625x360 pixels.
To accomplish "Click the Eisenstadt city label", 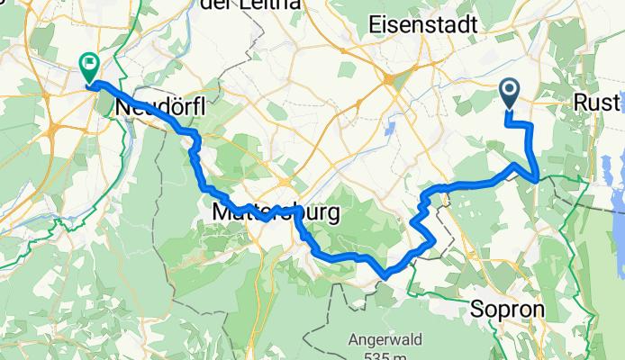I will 423,27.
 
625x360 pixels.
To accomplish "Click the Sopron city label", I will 508,310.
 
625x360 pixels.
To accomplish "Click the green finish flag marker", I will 90,66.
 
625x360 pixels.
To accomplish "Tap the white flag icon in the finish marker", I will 90,63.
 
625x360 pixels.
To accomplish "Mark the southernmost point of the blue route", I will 385,274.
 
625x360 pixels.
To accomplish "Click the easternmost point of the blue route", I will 538,177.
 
